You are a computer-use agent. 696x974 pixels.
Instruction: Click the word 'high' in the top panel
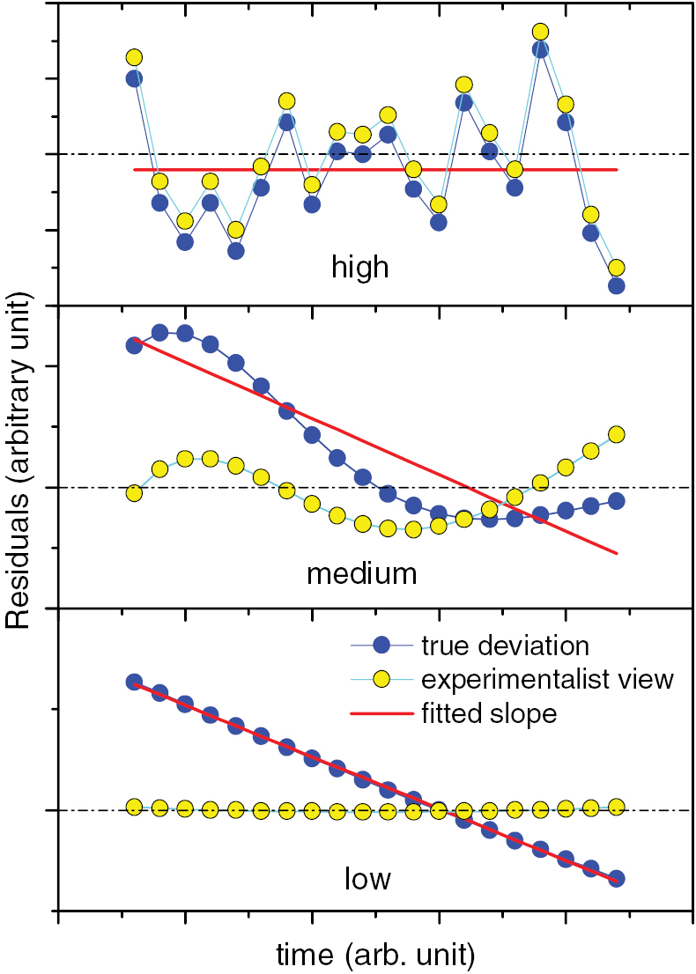(x=359, y=266)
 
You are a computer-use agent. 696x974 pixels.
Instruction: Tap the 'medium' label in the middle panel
(x=361, y=574)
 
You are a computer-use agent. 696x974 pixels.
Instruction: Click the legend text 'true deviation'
(x=504, y=646)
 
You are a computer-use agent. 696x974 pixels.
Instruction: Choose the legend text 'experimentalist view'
(x=547, y=679)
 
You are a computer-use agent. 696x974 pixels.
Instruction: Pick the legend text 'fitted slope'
(x=489, y=712)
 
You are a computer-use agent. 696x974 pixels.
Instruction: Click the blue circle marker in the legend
(x=381, y=646)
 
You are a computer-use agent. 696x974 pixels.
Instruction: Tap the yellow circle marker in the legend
(x=381, y=680)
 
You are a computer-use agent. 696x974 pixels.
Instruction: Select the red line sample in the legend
(x=381, y=713)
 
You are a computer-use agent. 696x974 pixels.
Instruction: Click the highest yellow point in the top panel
(x=541, y=33)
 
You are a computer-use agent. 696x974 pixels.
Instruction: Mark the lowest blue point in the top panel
(x=617, y=285)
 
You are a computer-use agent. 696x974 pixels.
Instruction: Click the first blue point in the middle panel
(x=135, y=345)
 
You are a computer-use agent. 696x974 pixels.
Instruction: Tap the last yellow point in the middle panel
(x=617, y=434)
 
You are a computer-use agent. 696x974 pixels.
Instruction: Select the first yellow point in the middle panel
(x=135, y=493)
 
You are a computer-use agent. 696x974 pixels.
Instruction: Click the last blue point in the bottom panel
(x=617, y=878)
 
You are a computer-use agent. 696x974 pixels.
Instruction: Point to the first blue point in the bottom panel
(x=135, y=682)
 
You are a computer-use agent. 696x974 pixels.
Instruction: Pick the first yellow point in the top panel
(x=135, y=57)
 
